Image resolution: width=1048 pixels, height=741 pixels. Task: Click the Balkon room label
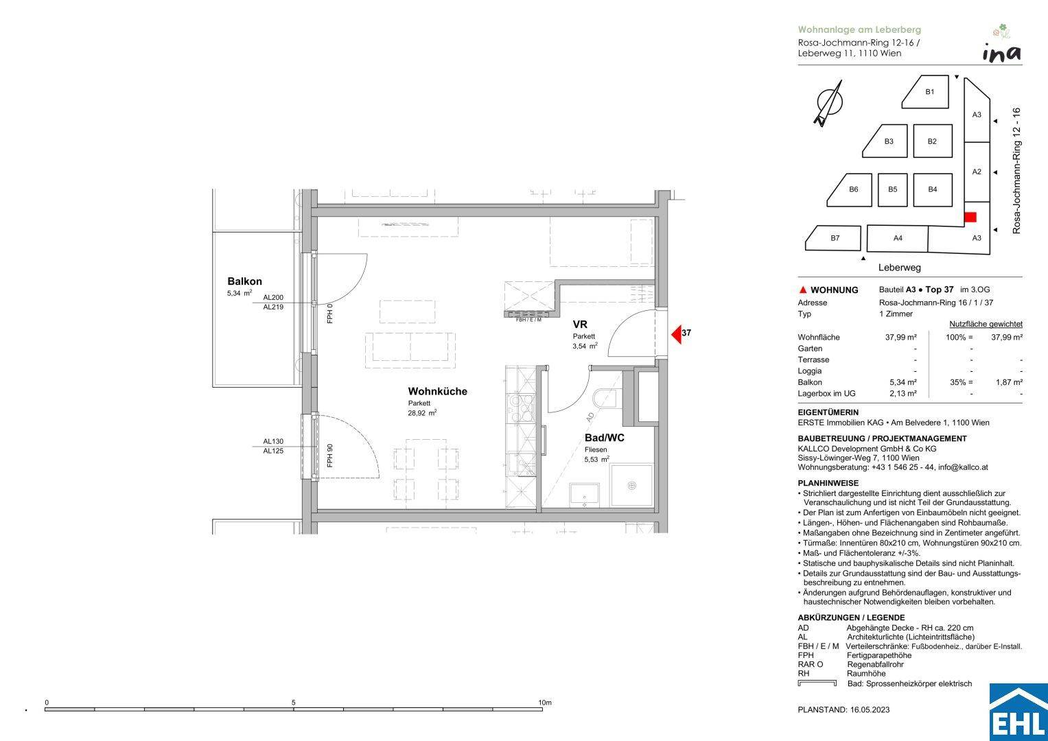click(244, 281)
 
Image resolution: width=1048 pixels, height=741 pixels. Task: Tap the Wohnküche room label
click(437, 391)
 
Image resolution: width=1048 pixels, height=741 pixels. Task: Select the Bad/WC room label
click(605, 438)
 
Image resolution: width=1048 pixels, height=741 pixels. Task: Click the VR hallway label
click(580, 324)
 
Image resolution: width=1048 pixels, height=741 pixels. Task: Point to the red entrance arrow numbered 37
click(677, 335)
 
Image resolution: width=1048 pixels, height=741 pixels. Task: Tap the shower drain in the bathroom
click(631, 486)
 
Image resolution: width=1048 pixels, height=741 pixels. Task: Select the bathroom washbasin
click(584, 495)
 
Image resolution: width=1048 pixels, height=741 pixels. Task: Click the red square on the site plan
click(970, 217)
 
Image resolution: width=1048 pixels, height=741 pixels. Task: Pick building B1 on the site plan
click(927, 93)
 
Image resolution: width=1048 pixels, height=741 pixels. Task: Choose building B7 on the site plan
click(834, 238)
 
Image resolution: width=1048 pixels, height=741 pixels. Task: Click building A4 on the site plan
click(897, 239)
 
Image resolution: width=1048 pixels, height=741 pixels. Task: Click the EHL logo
click(1018, 712)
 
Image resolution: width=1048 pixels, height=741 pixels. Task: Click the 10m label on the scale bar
click(545, 703)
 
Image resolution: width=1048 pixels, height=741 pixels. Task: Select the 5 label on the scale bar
click(293, 703)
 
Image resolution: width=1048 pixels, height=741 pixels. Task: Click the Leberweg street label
click(899, 268)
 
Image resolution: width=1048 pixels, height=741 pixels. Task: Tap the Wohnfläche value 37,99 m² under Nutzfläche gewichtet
click(1007, 338)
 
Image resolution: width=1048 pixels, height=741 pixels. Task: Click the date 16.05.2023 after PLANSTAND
click(870, 709)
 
